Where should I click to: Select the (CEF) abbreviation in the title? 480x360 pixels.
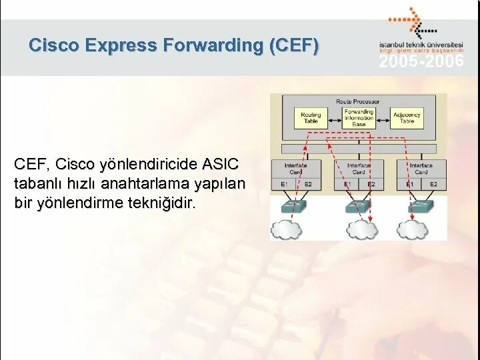tap(293, 45)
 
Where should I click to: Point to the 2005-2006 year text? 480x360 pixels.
tap(421, 62)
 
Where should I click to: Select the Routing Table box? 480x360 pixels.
tap(311, 118)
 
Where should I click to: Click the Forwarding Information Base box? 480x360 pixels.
tap(359, 118)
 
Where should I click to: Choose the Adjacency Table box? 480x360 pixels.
tap(407, 118)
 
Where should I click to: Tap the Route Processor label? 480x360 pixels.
tap(359, 101)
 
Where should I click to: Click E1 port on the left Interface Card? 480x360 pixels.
tap(284, 184)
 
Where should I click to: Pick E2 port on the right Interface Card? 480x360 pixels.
tap(433, 184)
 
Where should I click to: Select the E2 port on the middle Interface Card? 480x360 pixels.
tap(371, 184)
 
